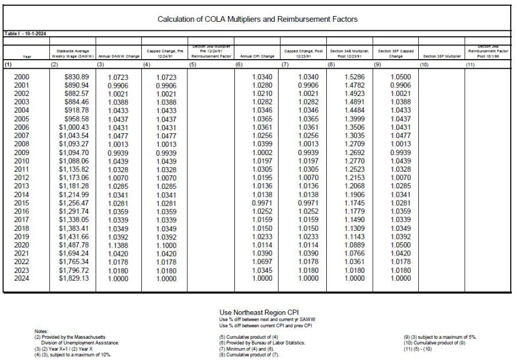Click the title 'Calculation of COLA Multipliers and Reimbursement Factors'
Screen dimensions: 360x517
point(257,19)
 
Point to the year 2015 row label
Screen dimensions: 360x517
point(21,203)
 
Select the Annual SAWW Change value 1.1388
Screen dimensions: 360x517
point(117,245)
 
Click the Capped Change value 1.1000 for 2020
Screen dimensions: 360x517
point(164,245)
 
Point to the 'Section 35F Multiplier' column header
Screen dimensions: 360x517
point(442,56)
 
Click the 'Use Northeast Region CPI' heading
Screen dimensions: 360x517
point(259,312)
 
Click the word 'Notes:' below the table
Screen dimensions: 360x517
point(41,331)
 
